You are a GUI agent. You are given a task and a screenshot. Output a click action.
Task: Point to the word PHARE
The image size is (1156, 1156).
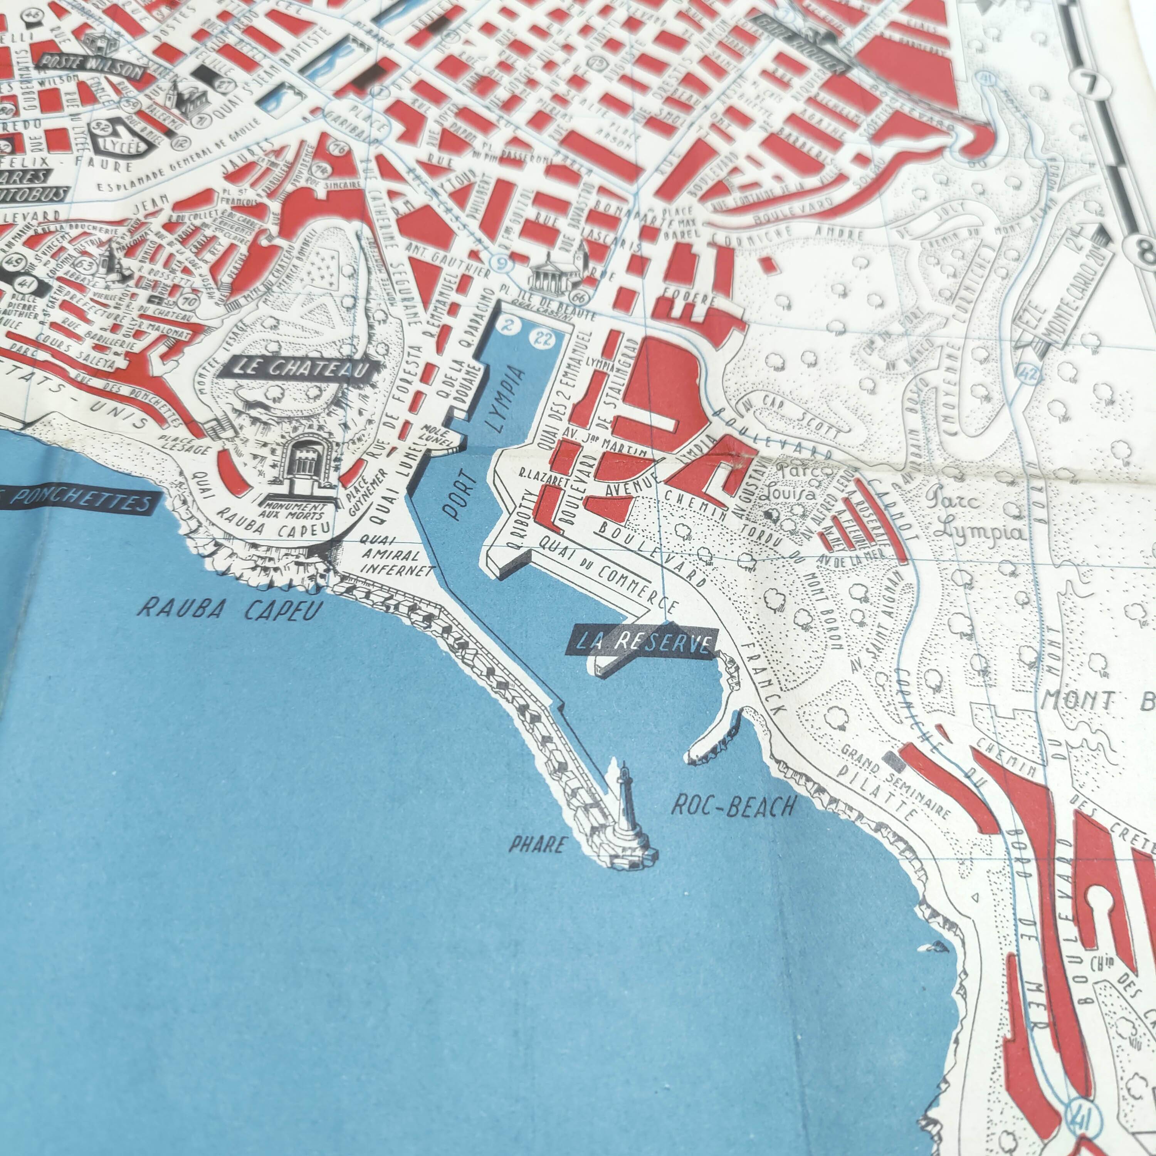point(537,844)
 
